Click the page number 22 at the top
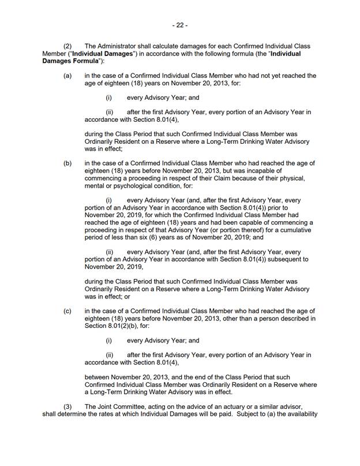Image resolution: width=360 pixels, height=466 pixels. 180,25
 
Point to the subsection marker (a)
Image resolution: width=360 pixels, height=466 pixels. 68,76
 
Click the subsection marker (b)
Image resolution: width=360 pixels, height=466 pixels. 68,163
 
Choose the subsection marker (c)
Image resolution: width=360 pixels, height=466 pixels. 68,311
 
